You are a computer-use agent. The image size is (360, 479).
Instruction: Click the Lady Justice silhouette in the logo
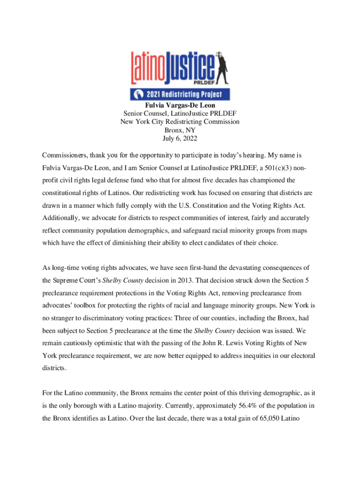click(x=220, y=65)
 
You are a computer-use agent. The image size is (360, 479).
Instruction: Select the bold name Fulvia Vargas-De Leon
click(x=180, y=106)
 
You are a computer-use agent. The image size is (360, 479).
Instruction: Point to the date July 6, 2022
click(x=180, y=138)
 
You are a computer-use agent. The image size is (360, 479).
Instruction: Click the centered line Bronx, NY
click(x=180, y=130)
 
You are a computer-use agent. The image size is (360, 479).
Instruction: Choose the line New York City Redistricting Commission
click(x=180, y=122)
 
